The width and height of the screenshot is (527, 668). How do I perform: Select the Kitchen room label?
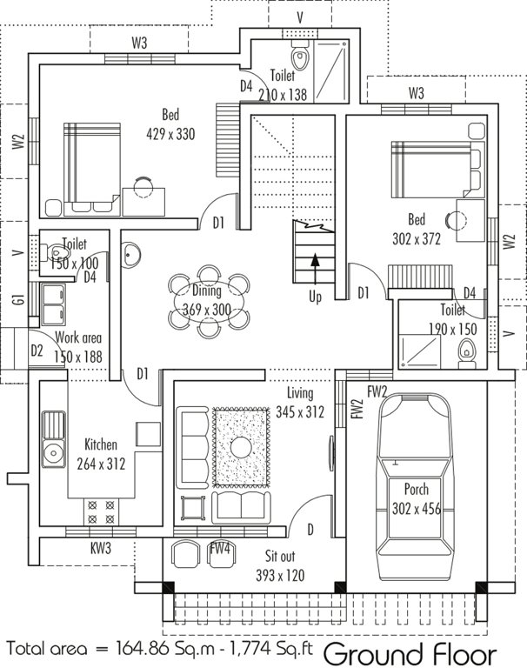[101, 444]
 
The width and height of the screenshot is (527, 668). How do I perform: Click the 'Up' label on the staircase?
[315, 297]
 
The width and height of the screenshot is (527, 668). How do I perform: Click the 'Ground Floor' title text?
[410, 652]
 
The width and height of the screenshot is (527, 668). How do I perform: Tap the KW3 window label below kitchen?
[100, 549]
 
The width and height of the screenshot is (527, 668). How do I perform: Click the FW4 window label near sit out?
[220, 549]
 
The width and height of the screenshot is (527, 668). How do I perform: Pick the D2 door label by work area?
[37, 351]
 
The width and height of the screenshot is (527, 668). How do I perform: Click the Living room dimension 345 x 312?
[300, 412]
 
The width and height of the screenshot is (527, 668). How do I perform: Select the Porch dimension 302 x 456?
[416, 510]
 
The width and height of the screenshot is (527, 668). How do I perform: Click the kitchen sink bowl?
[53, 452]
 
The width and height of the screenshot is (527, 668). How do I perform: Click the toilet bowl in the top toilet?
[300, 59]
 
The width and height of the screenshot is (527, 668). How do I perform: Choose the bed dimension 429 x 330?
[171, 134]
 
